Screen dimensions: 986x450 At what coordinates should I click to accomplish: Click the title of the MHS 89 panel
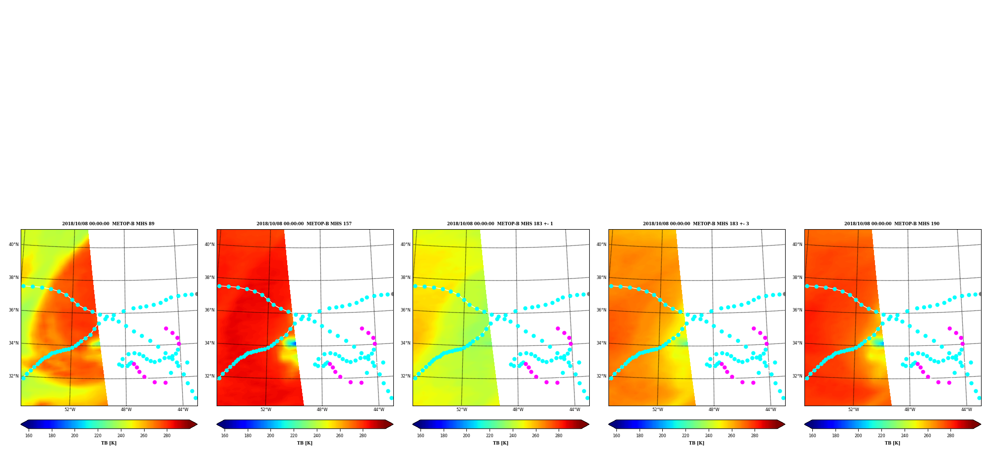(x=108, y=224)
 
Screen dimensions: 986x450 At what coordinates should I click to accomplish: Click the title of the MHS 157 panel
(x=304, y=224)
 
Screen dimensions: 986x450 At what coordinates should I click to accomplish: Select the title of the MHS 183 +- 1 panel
(x=500, y=224)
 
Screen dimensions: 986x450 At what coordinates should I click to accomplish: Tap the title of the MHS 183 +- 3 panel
(x=696, y=224)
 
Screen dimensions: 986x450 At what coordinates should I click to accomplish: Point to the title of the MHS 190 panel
(x=892, y=224)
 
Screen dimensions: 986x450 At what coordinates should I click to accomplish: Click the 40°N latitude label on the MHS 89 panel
(x=13, y=244)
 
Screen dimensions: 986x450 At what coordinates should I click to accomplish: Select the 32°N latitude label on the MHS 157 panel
(x=209, y=376)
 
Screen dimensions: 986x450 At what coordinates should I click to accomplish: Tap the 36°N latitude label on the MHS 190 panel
(x=797, y=311)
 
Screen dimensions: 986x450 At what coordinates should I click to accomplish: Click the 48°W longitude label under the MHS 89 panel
(x=126, y=410)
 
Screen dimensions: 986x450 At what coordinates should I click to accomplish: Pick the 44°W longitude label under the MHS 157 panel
(x=379, y=410)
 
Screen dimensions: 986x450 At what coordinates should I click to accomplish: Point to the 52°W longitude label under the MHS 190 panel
(x=853, y=410)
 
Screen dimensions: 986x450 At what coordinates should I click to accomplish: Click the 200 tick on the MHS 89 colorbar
(x=75, y=436)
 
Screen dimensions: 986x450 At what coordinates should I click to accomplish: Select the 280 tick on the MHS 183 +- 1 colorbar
(x=559, y=436)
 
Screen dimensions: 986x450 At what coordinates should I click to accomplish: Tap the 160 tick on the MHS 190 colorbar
(x=812, y=436)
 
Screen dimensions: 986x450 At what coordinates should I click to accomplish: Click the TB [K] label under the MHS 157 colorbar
(x=304, y=443)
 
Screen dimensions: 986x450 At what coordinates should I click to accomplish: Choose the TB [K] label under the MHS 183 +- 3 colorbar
(x=696, y=443)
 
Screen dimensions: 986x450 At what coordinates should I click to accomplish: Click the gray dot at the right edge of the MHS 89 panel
(x=196, y=294)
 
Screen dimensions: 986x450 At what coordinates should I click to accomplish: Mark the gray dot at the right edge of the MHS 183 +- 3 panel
(x=784, y=294)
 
